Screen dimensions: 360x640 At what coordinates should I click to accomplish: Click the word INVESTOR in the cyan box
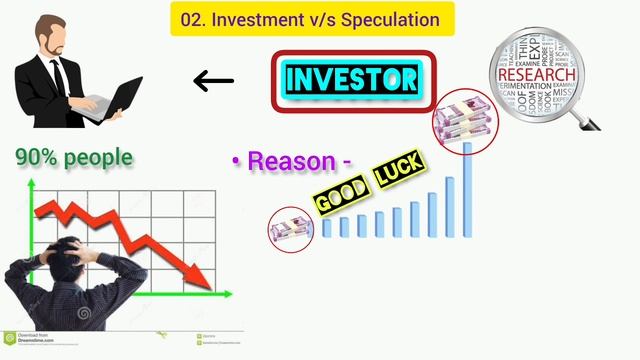[351, 79]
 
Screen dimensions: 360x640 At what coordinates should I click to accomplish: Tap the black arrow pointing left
[213, 81]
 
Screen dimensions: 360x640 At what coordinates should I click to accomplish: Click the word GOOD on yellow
[338, 197]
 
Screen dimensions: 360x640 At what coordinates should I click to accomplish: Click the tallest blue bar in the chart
[467, 190]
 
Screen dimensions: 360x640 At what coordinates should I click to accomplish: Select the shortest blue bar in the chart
[326, 228]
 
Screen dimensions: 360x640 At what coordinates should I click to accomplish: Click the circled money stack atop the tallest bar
[463, 118]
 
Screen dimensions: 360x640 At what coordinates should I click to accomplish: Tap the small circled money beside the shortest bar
[290, 229]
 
